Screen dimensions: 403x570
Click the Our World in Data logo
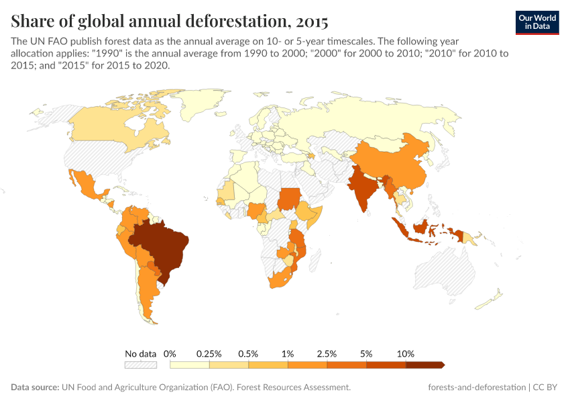[x=537, y=22]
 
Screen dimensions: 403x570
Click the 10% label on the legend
[x=406, y=353]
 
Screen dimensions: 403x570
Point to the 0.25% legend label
[x=209, y=353]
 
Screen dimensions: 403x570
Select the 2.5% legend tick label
[x=327, y=353]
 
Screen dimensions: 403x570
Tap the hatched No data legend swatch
[x=140, y=365]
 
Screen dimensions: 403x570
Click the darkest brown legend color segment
[x=424, y=365]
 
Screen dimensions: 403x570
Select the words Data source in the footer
[x=34, y=388]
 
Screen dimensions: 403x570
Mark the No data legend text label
[x=140, y=353]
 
